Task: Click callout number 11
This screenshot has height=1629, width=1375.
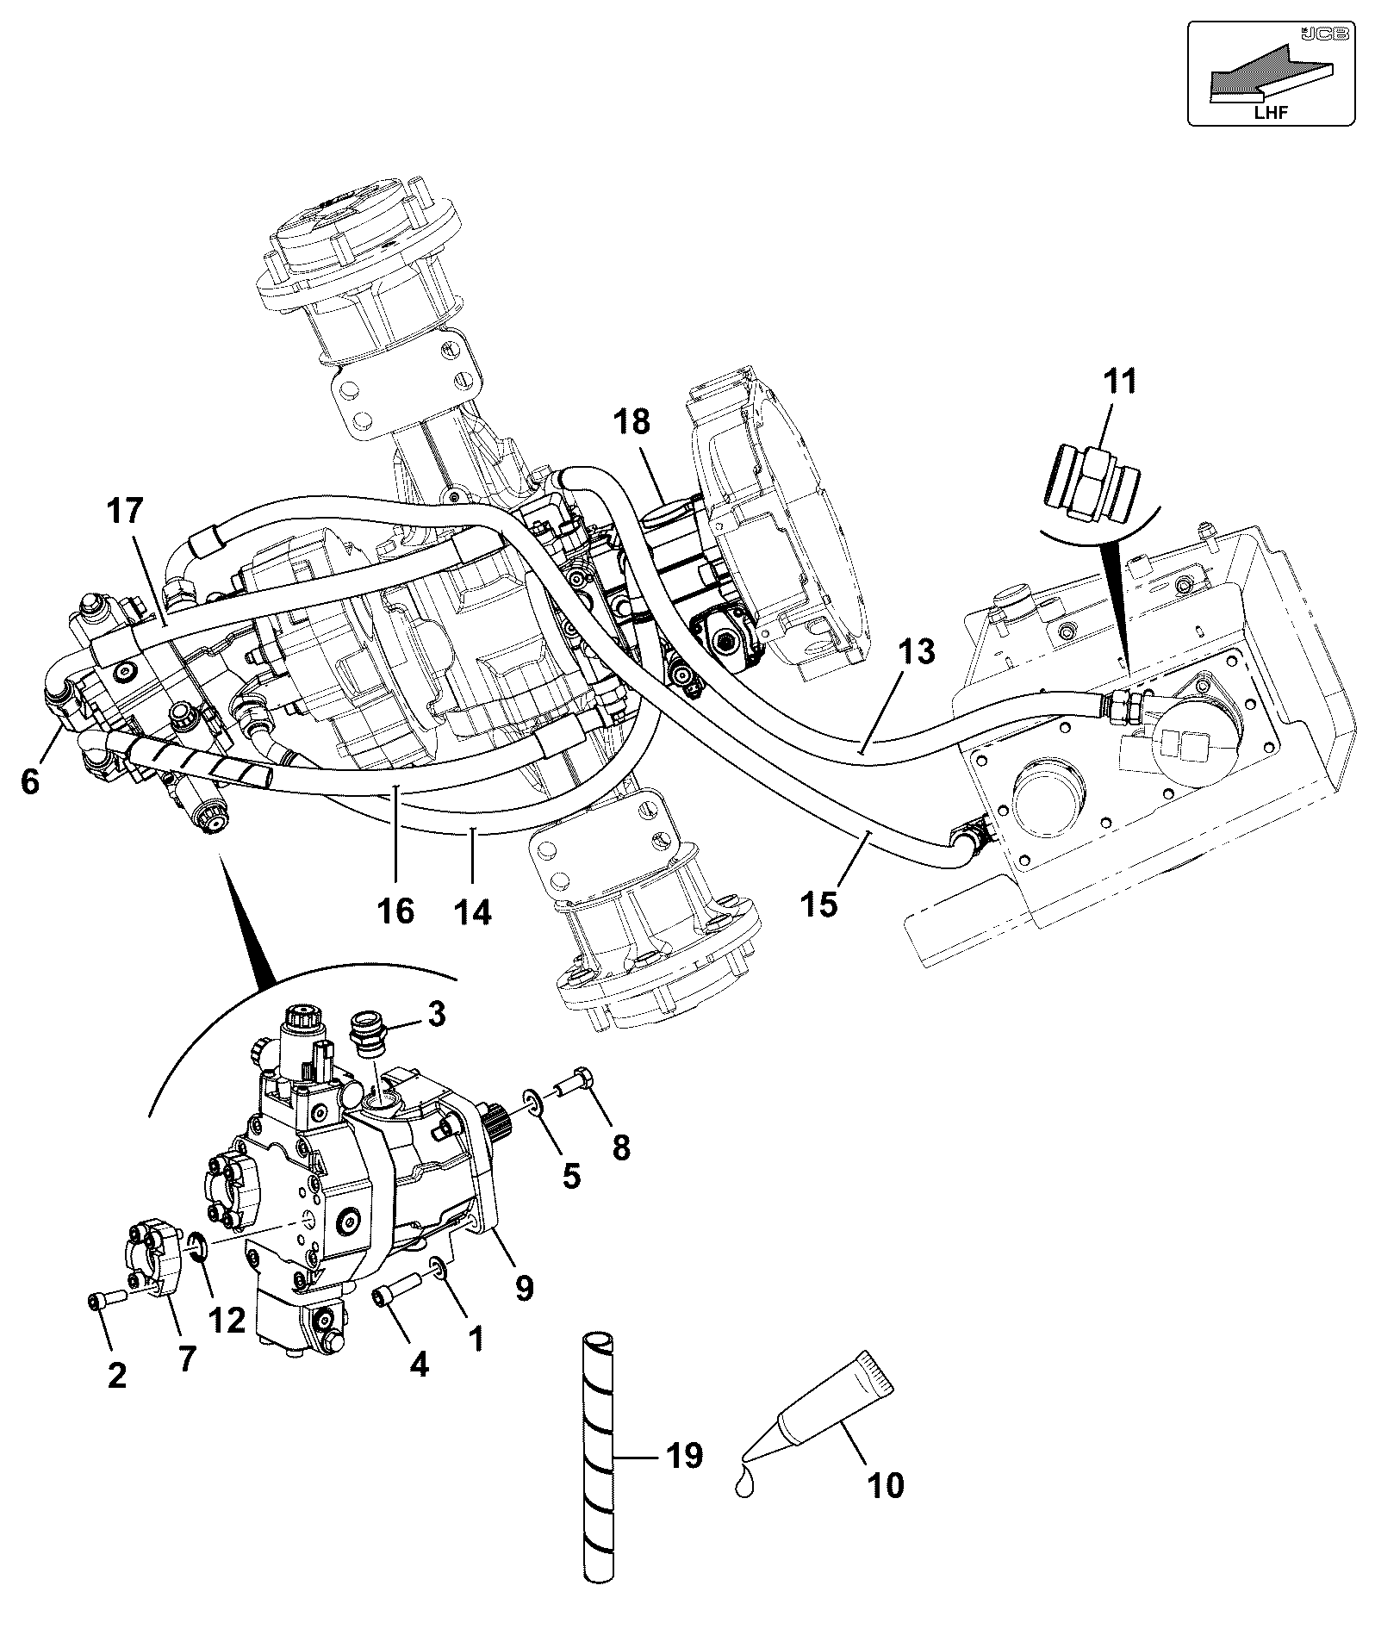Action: [1119, 382]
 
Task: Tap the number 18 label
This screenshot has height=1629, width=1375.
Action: [656, 423]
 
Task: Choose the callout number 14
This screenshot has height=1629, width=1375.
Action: [473, 912]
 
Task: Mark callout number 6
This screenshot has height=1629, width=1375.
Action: [30, 781]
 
